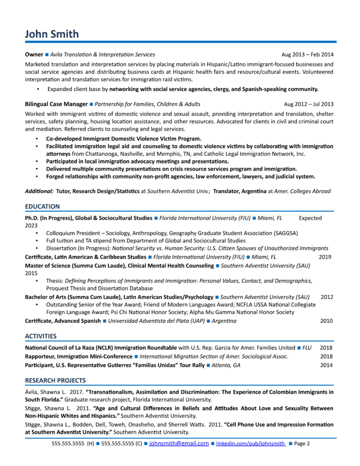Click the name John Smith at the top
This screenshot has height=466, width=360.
[x=52, y=34]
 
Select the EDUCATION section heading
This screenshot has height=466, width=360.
[x=42, y=206]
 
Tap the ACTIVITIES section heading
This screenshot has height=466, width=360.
[x=41, y=336]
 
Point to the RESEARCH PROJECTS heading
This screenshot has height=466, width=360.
[x=55, y=380]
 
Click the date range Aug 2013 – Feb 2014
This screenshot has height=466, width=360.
[x=307, y=55]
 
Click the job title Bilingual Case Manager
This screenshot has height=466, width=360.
[x=56, y=104]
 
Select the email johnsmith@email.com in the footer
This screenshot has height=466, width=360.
[x=179, y=443]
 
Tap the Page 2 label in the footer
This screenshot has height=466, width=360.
[x=302, y=443]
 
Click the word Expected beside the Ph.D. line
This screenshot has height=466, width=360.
[x=310, y=218]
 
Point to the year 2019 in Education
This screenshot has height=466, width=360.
[x=325, y=257]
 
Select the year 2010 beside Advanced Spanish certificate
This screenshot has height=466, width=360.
[x=327, y=321]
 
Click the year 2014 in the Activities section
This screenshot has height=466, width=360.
[x=327, y=365]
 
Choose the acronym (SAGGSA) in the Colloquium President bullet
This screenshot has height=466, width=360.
[x=283, y=233]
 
